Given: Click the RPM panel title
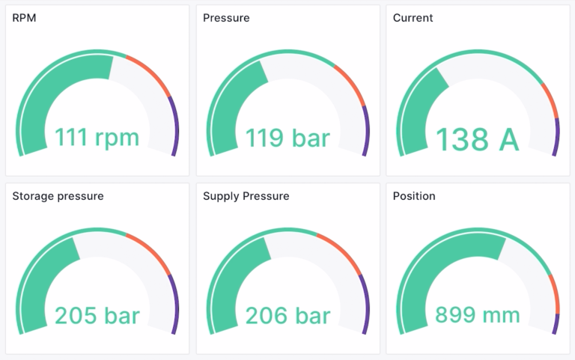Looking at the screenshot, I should click(24, 17).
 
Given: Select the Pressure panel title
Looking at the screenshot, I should click(226, 17).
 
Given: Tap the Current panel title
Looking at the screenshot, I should click(413, 17).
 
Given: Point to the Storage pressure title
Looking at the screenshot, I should click(58, 196).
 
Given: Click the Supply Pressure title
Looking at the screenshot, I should click(246, 196).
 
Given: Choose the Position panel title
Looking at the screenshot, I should click(413, 196).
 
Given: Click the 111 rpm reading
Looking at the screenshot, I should click(97, 138).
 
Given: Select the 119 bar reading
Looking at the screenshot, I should click(287, 138).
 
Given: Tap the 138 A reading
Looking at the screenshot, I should click(477, 139).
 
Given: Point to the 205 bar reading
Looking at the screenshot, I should click(97, 315).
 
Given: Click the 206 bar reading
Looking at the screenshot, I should click(287, 315).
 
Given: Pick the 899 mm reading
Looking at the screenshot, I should click(477, 315).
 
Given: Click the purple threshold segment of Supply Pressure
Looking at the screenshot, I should click(365, 303).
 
